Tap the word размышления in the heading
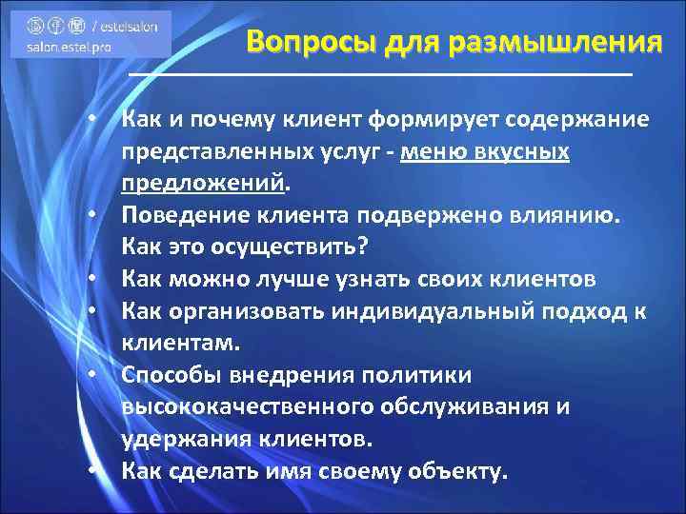point(555,43)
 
